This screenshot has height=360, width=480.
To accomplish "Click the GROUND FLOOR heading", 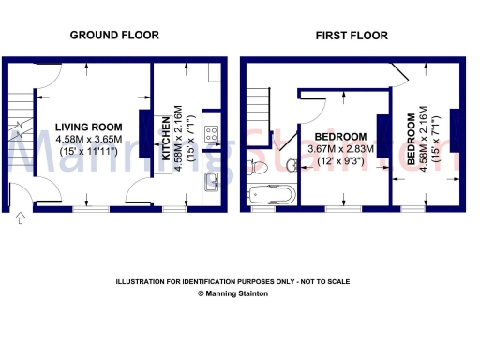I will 114,35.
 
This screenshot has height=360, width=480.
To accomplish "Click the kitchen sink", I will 212,180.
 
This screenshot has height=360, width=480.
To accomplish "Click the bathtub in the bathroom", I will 272,196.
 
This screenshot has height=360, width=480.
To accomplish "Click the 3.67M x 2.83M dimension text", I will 342,148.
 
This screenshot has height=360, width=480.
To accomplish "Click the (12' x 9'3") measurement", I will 341,160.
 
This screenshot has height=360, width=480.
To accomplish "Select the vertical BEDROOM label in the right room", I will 412,139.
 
